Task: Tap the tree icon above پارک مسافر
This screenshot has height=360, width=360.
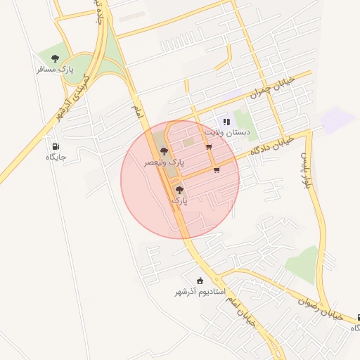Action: click(x=56, y=59)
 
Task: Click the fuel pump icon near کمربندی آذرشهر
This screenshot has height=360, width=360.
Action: click(x=55, y=146)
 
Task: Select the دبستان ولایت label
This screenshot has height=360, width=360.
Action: click(x=227, y=132)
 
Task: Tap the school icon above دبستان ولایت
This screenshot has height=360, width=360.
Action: click(x=226, y=122)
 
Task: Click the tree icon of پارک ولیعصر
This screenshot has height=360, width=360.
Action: click(x=164, y=151)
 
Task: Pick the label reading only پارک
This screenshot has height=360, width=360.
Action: click(x=180, y=200)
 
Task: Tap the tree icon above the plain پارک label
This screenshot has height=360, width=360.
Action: click(x=180, y=189)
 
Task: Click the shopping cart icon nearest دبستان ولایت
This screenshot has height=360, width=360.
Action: click(x=209, y=147)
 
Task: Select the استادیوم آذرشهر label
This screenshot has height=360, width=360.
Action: click(x=199, y=291)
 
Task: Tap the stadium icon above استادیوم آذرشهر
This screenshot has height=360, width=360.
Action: click(x=199, y=281)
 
